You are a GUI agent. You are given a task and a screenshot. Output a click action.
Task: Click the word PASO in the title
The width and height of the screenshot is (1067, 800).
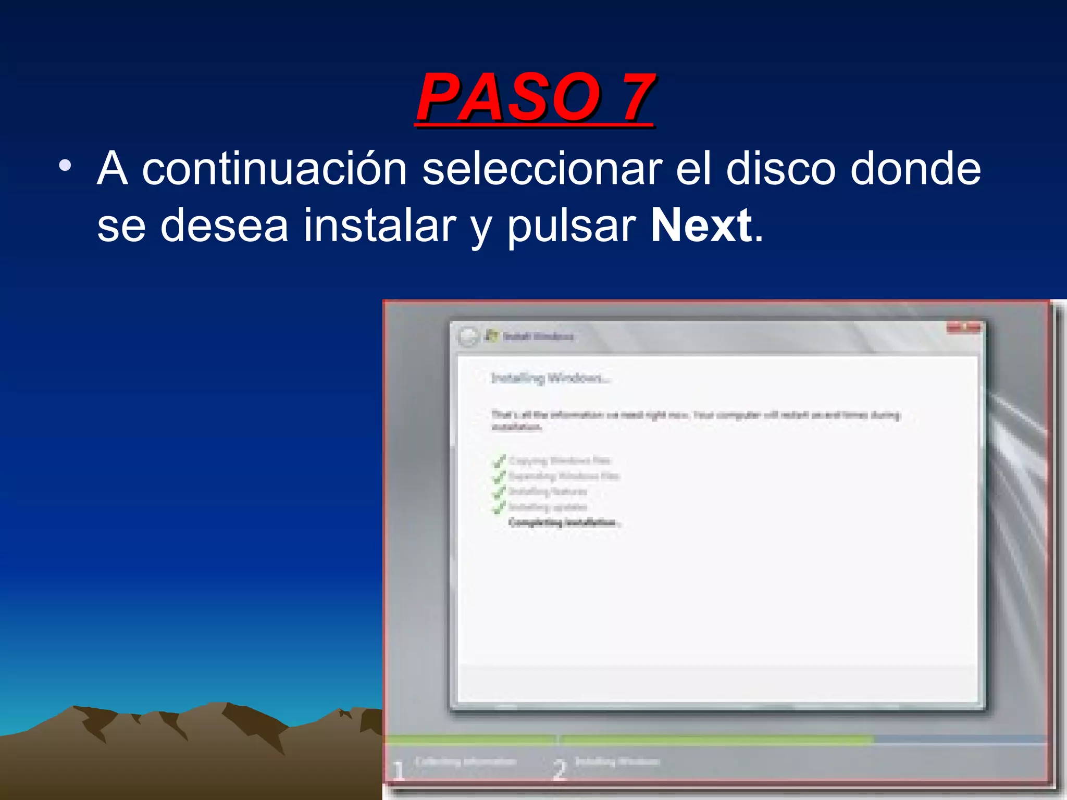pyautogui.click(x=508, y=97)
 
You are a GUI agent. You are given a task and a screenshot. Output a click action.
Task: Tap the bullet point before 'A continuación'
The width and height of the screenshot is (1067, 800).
pyautogui.click(x=65, y=166)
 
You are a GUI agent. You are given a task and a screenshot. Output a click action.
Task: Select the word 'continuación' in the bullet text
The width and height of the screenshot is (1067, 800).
pyautogui.click(x=275, y=169)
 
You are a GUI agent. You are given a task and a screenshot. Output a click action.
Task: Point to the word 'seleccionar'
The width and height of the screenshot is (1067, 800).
pyautogui.click(x=542, y=169)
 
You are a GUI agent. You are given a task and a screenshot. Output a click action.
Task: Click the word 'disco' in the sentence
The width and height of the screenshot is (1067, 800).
pyautogui.click(x=780, y=169)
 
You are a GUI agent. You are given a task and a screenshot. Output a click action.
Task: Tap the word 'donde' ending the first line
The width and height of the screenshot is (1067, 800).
pyautogui.click(x=915, y=169)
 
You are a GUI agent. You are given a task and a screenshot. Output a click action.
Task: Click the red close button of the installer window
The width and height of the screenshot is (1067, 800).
pyautogui.click(x=964, y=328)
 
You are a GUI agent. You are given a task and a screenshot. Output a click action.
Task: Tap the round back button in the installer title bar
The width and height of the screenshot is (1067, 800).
pyautogui.click(x=468, y=336)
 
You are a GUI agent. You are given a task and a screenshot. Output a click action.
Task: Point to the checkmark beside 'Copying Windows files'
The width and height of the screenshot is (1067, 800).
pyautogui.click(x=499, y=460)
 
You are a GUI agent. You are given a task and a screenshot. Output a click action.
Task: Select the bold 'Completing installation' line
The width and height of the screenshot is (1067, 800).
pyautogui.click(x=565, y=522)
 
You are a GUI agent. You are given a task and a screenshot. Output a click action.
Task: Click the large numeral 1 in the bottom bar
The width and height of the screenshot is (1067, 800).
pyautogui.click(x=399, y=770)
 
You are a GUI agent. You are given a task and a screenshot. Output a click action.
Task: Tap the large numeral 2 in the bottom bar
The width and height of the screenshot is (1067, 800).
pyautogui.click(x=559, y=770)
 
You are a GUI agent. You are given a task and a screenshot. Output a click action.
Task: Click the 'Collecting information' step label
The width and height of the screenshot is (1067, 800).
pyautogui.click(x=465, y=761)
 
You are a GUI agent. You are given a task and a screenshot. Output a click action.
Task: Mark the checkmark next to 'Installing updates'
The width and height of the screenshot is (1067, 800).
pyautogui.click(x=499, y=506)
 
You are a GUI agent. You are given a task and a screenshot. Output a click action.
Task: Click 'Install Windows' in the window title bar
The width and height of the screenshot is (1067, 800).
pyautogui.click(x=538, y=336)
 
